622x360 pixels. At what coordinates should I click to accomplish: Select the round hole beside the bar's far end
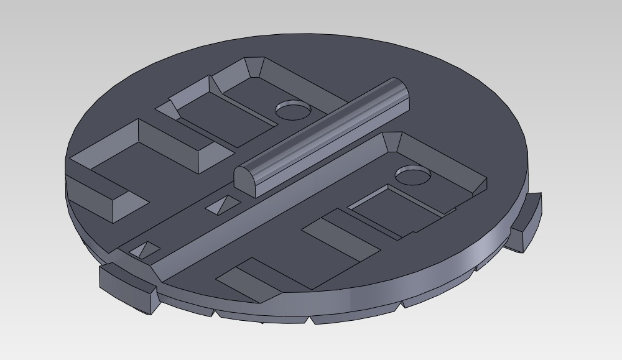click(293, 110)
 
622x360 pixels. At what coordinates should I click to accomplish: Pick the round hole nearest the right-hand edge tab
click(413, 175)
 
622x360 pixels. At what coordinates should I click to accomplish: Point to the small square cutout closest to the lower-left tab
click(144, 250)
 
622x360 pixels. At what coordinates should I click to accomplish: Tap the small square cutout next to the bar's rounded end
click(222, 205)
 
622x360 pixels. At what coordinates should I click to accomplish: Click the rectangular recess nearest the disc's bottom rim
click(249, 280)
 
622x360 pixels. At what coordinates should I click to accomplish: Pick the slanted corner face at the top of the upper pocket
click(254, 67)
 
